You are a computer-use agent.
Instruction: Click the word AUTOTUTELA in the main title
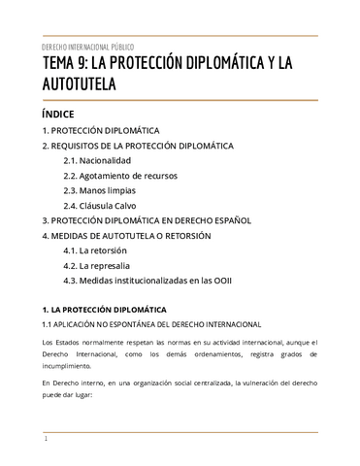[x=81, y=85]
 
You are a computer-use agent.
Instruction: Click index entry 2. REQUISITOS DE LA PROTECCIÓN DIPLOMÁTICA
[x=138, y=145]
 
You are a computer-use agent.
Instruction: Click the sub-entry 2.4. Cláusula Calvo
[x=102, y=206]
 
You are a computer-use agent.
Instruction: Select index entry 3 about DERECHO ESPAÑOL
[x=147, y=220]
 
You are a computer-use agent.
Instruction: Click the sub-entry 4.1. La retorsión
[x=96, y=251]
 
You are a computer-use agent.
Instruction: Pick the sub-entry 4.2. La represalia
[x=98, y=266]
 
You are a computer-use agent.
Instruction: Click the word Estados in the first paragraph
[x=68, y=344]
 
